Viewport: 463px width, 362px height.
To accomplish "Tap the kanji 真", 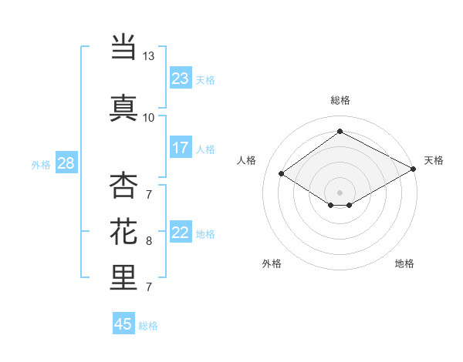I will pos(123,107).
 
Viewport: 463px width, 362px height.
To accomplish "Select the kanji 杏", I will pos(123,186).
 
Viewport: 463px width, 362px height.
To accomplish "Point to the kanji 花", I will pos(123,232).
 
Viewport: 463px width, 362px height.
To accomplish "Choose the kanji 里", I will pos(123,277).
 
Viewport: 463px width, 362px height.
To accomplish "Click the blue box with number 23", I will pos(181,79).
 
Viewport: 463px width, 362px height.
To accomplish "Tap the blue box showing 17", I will pos(181,148).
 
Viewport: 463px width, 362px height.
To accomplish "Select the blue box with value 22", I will pos(181,233).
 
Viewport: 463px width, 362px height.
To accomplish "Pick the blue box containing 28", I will pos(66,163).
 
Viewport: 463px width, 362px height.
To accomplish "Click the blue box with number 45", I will pos(123,324).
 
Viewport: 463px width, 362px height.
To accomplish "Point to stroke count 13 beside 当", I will pos(148,56).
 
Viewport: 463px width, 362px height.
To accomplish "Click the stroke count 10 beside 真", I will pos(148,117).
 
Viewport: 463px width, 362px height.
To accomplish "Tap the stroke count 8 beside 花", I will pos(148,241).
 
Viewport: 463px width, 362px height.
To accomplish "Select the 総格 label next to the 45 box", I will pos(148,326).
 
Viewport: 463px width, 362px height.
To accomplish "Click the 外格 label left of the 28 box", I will pos(41,164).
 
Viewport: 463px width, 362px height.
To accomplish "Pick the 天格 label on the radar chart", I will pos(434,160).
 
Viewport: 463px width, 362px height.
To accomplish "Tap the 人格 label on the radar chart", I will pos(247,160).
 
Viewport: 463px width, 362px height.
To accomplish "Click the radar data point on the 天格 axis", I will pos(414,170).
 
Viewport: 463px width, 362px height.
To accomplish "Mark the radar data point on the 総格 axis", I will pos(340,132).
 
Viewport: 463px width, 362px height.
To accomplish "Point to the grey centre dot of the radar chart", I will pos(340,192).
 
